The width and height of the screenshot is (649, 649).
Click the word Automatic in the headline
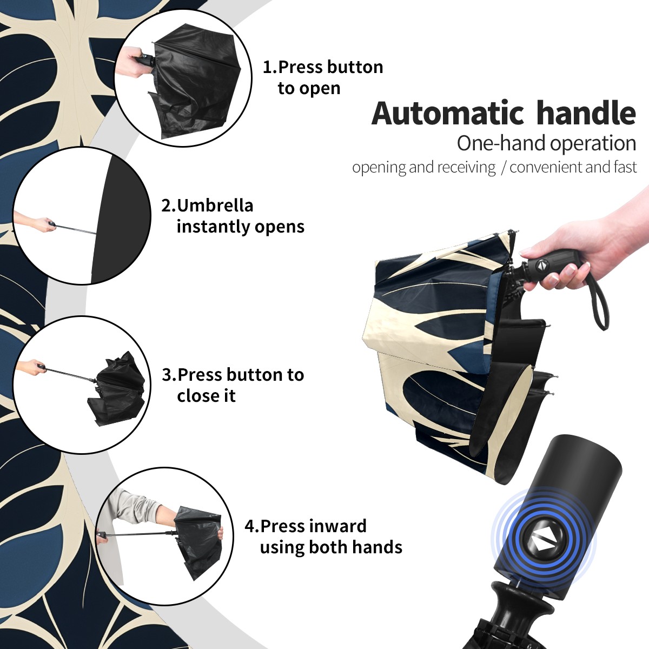pyautogui.click(x=448, y=113)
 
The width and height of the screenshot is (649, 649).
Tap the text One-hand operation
pyautogui.click(x=546, y=144)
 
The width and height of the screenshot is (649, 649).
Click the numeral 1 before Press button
pyautogui.click(x=267, y=68)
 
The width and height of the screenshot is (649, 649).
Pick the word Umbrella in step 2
pyautogui.click(x=215, y=206)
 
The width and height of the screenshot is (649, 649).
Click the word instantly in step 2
pyautogui.click(x=213, y=227)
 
